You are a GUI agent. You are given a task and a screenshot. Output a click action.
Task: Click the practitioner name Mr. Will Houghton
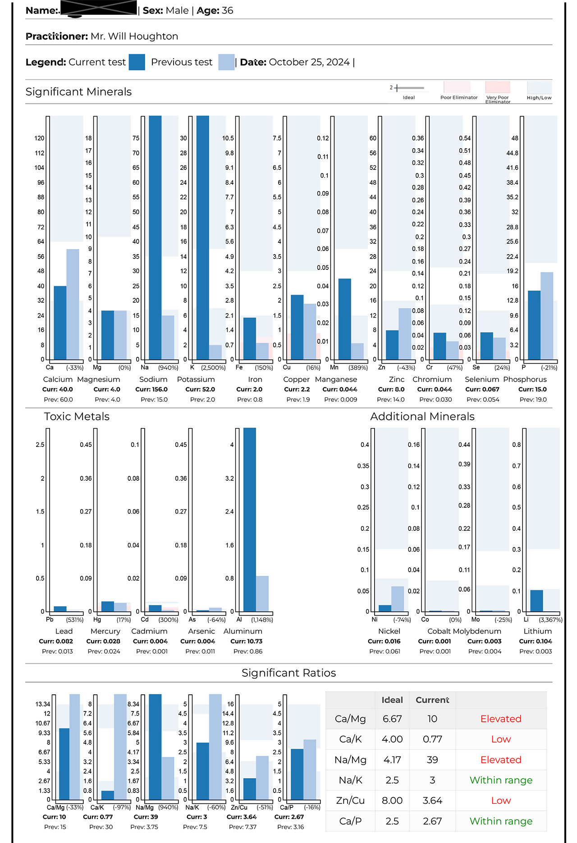click(x=134, y=36)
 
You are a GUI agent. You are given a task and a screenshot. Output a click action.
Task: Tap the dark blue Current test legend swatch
click(x=137, y=62)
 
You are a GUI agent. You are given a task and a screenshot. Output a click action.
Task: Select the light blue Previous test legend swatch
click(x=226, y=62)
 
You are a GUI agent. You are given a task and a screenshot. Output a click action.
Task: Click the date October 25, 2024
click(x=309, y=62)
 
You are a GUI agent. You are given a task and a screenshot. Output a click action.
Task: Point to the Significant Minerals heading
click(x=78, y=92)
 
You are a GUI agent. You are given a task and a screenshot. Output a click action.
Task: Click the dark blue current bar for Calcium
click(x=60, y=323)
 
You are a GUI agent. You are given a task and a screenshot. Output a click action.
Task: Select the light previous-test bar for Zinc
click(x=405, y=333)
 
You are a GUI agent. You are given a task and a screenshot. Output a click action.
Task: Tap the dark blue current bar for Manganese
click(x=345, y=319)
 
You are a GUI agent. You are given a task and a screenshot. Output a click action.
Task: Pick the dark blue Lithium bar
click(x=536, y=601)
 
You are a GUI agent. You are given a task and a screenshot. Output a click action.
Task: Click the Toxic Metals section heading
click(x=77, y=417)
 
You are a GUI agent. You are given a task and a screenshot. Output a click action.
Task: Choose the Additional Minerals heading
click(x=422, y=417)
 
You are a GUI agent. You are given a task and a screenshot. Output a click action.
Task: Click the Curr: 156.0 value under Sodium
click(x=151, y=390)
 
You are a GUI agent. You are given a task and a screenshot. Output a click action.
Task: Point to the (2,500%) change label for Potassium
click(x=213, y=368)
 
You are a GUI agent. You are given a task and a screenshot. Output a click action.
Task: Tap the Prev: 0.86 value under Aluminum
click(x=248, y=652)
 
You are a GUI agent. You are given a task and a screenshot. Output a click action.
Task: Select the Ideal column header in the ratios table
click(x=392, y=700)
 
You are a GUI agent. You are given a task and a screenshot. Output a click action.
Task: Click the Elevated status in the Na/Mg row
click(x=501, y=760)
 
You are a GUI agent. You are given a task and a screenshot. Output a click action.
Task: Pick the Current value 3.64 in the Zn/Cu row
click(x=432, y=801)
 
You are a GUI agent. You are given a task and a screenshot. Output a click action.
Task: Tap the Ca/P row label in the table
click(x=350, y=821)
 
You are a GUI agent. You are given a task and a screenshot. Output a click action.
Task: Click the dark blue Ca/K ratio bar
click(x=108, y=795)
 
